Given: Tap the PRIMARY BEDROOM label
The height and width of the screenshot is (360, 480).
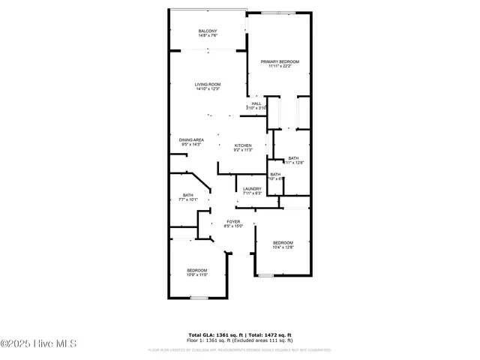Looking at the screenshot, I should coord(280,61).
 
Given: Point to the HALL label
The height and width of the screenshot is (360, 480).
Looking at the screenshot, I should coord(256,103).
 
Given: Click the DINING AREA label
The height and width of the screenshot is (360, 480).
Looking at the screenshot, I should coord(191,139).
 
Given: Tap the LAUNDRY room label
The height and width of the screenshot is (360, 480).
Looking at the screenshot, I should coord(252,188).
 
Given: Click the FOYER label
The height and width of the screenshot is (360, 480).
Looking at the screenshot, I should coord(233,222).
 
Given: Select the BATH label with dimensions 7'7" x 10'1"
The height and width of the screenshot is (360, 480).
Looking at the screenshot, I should coord(187,196).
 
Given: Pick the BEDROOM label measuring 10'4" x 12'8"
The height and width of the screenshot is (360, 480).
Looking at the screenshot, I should coord(283,242).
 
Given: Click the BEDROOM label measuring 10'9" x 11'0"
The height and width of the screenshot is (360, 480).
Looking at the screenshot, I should coord(196,270).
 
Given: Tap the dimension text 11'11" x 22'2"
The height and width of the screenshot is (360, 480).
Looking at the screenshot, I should coord(280,66).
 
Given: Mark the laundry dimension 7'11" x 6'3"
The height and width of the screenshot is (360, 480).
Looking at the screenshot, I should coord(252,193).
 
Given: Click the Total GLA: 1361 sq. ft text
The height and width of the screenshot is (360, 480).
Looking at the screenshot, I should coord(213,334).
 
